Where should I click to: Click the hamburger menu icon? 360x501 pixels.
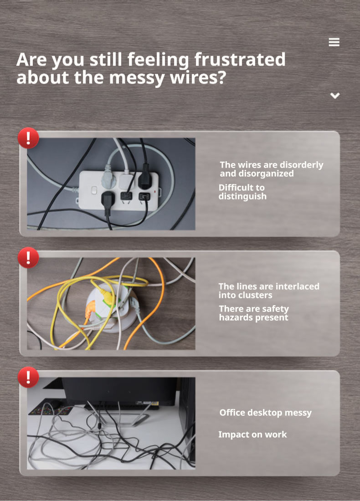(x=334, y=42)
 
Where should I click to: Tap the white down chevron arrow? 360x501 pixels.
(x=335, y=96)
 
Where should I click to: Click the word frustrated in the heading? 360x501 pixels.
(x=240, y=59)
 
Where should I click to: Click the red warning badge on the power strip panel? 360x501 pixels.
(x=28, y=138)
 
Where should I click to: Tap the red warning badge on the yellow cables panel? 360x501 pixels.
(x=28, y=257)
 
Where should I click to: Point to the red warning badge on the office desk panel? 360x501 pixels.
(x=28, y=377)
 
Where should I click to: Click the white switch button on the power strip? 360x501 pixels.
(x=94, y=190)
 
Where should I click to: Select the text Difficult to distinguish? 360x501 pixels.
(x=242, y=192)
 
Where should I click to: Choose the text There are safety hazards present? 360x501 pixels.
(x=254, y=313)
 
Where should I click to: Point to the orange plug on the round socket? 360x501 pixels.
(x=91, y=308)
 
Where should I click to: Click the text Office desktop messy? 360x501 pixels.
(x=265, y=413)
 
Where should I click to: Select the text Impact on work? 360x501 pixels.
(x=252, y=435)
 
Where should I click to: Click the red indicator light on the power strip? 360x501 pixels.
(x=155, y=192)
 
